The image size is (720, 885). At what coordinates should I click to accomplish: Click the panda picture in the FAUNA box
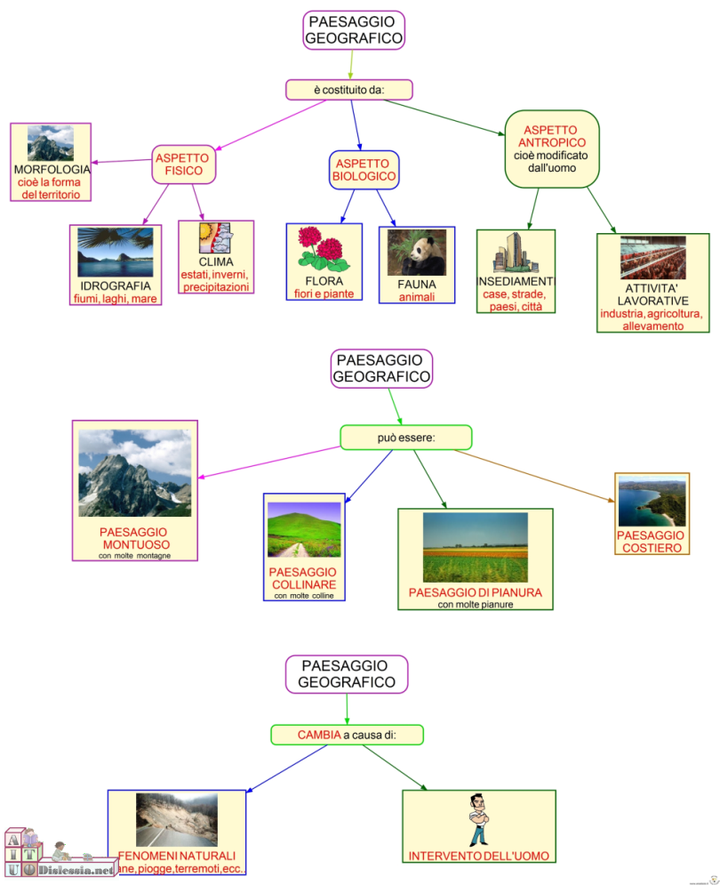416,253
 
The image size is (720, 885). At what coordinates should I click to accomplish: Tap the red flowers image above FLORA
324,249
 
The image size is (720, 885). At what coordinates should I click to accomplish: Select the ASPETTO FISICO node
182,165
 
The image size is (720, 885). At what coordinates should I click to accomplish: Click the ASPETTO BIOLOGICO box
364,170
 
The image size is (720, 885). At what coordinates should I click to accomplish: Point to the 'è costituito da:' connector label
350,89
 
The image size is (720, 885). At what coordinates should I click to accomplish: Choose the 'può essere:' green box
405,437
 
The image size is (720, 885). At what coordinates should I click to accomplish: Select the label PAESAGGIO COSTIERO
651,542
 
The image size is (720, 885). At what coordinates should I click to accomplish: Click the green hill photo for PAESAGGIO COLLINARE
304,530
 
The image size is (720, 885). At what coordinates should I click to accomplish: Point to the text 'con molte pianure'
475,605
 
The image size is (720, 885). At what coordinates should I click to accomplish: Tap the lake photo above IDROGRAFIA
115,253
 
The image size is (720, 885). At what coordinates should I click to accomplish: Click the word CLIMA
216,262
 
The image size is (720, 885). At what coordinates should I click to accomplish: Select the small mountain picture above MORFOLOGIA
51,143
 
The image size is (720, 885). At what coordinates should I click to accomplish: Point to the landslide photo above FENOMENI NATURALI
176,819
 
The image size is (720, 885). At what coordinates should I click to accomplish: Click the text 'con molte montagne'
135,556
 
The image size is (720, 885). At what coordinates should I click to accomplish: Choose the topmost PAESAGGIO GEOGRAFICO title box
354,30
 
